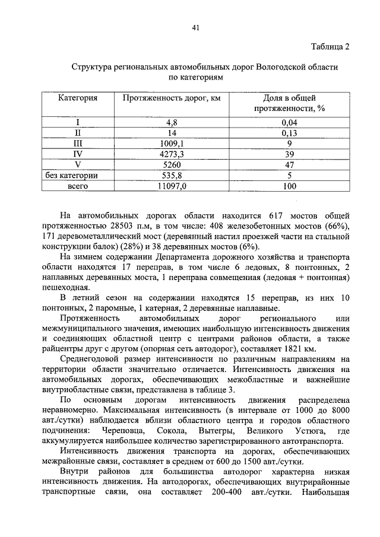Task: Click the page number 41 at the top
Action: pos(195,27)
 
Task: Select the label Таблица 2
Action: pos(330,47)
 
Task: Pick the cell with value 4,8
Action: pos(172,123)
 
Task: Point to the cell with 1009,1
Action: pos(172,144)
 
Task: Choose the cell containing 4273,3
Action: pos(172,154)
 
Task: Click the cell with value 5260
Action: pos(172,165)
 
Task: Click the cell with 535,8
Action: pos(172,176)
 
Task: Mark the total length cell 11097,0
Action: pos(172,186)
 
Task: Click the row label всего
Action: pos(77,186)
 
